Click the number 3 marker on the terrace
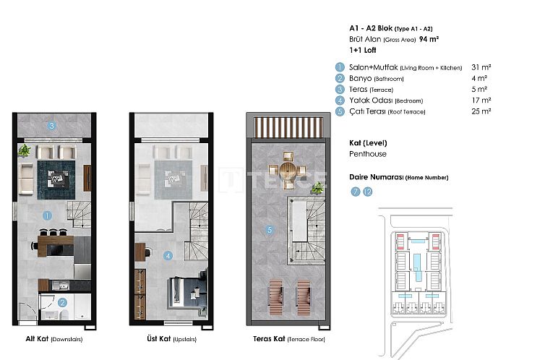pyautogui.click(x=51, y=125)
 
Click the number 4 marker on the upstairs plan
pyautogui.click(x=168, y=254)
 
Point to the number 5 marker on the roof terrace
pyautogui.click(x=269, y=231)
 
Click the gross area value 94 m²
pyautogui.click(x=450, y=40)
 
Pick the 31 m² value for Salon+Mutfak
pyautogui.click(x=481, y=67)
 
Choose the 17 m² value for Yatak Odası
pyautogui.click(x=481, y=100)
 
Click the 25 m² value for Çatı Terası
pyautogui.click(x=481, y=111)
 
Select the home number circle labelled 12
pyautogui.click(x=368, y=192)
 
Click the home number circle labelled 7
pyautogui.click(x=355, y=192)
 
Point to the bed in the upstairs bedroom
pyautogui.click(x=187, y=292)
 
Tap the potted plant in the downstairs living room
pyautogui.click(x=25, y=150)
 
